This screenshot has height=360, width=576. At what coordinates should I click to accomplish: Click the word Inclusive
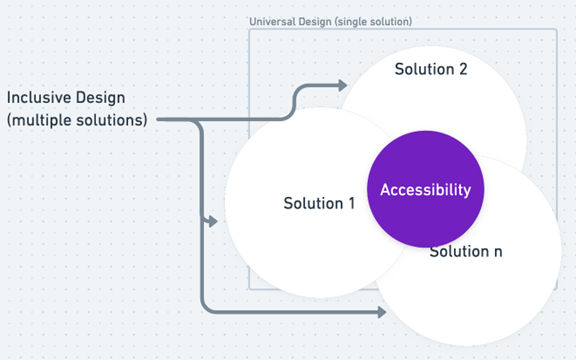[x=40, y=100]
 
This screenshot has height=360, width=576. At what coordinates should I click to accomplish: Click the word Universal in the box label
[x=271, y=21]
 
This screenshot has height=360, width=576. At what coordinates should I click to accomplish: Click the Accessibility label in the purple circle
[x=425, y=190]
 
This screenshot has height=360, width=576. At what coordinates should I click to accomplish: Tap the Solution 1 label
[x=319, y=203]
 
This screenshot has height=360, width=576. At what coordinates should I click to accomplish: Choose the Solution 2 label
[x=430, y=69]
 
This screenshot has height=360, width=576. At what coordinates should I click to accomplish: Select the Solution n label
[x=466, y=251]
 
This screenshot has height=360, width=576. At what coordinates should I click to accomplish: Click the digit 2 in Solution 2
[x=463, y=69]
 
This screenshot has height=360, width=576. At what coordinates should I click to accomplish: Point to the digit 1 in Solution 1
[x=351, y=203]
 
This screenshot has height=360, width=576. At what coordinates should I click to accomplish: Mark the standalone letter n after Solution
[x=497, y=251]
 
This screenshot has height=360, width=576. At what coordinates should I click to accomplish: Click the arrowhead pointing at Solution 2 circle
[x=342, y=85]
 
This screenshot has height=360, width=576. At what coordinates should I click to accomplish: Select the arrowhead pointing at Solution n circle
[x=381, y=313]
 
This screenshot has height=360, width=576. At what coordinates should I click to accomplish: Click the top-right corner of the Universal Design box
[x=556, y=29]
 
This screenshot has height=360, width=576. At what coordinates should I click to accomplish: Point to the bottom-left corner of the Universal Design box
[x=249, y=289]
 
